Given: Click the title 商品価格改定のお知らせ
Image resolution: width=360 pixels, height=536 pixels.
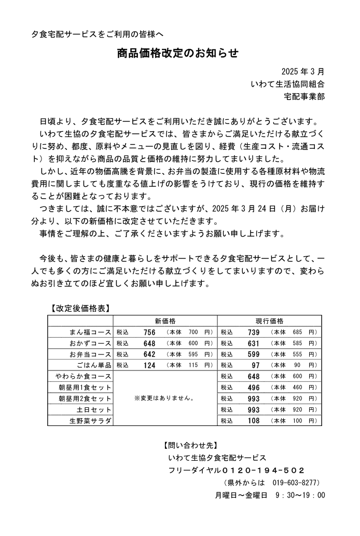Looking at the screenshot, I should coord(177,53).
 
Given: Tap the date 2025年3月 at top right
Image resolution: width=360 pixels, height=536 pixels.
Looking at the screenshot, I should coord(303,72).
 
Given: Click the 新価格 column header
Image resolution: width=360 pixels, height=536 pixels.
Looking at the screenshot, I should coord(165,321).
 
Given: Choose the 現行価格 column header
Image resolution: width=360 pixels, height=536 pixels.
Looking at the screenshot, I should coord(269,321).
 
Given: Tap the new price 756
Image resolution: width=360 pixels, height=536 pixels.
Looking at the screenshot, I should coord(149,332).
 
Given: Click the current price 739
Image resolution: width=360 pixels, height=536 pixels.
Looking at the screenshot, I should coord(254,332).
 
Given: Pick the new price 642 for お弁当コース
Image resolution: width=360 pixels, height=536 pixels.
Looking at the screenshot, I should coord(149,354).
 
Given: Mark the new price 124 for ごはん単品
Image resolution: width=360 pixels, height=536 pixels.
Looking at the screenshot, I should coord(149,365).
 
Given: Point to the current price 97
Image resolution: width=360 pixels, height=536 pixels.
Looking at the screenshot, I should coord(255,365).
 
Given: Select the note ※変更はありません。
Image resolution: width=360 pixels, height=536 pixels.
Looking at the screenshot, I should coord(164,398).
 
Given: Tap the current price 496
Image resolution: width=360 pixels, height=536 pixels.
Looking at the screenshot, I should coord(254,387).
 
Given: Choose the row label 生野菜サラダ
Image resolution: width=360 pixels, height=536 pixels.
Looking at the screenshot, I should coord(90,420).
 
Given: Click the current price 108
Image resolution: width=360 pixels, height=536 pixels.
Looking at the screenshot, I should coord(254,420).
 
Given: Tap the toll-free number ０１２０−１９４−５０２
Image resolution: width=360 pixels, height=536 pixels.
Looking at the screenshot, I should coord(263,470).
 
